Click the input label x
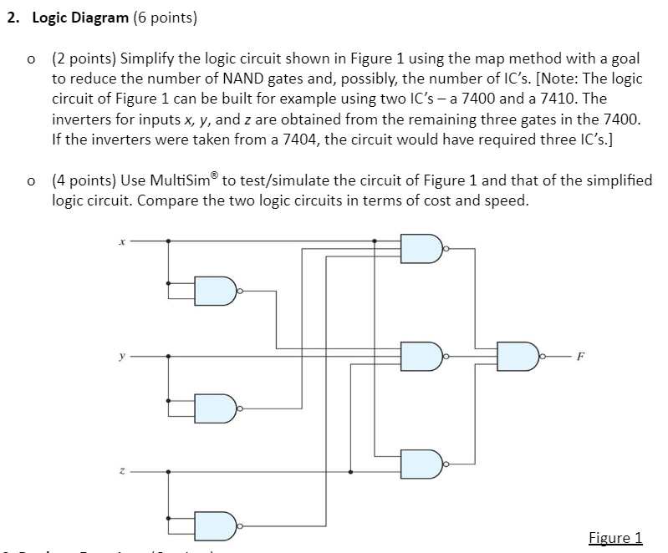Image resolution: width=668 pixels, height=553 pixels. coord(122,242)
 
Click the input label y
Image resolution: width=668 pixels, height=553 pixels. coord(123,355)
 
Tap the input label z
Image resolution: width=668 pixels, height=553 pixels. coord(123,471)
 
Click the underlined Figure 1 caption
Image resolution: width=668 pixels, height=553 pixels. coord(614,537)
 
